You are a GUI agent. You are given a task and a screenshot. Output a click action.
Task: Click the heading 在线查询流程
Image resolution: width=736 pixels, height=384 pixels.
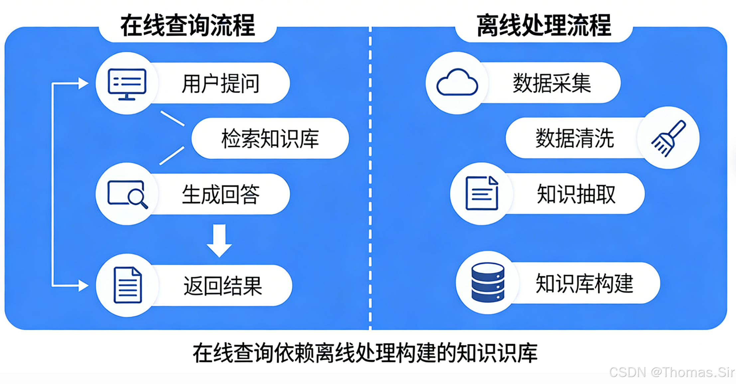click(188, 26)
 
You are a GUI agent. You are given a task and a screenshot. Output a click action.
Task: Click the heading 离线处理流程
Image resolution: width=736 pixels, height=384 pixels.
click(544, 26)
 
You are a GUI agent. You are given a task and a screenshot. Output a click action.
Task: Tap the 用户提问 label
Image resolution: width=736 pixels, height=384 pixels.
click(220, 83)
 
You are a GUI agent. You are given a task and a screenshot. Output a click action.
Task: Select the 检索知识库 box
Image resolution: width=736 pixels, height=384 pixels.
click(270, 139)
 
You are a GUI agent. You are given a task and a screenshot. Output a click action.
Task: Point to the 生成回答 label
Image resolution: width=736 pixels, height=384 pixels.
click(220, 194)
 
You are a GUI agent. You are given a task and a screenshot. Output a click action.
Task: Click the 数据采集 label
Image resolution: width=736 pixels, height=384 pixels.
click(552, 83)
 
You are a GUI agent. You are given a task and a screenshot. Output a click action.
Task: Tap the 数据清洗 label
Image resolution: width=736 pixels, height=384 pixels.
click(574, 138)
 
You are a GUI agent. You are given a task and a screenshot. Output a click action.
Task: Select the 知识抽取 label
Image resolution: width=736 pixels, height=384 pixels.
click(576, 194)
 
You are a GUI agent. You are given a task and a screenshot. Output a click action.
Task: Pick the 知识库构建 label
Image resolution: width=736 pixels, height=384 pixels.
click(584, 283)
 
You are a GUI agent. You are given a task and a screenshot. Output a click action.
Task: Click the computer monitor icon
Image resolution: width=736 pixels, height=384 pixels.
click(127, 84)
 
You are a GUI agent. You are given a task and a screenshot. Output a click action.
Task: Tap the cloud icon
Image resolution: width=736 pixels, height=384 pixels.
click(457, 83)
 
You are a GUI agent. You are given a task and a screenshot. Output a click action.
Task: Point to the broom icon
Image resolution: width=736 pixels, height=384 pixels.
click(668, 138)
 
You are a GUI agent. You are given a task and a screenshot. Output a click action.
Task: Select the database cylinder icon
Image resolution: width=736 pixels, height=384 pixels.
click(488, 283)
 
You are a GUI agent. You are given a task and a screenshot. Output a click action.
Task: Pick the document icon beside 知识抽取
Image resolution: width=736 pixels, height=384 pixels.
click(482, 194)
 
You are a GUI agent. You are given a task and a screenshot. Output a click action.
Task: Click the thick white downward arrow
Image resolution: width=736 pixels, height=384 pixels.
click(219, 240)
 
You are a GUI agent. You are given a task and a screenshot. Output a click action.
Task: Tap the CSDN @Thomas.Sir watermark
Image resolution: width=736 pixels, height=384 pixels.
click(672, 372)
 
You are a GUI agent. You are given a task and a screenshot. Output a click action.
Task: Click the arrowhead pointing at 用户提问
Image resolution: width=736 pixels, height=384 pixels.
click(83, 83)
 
